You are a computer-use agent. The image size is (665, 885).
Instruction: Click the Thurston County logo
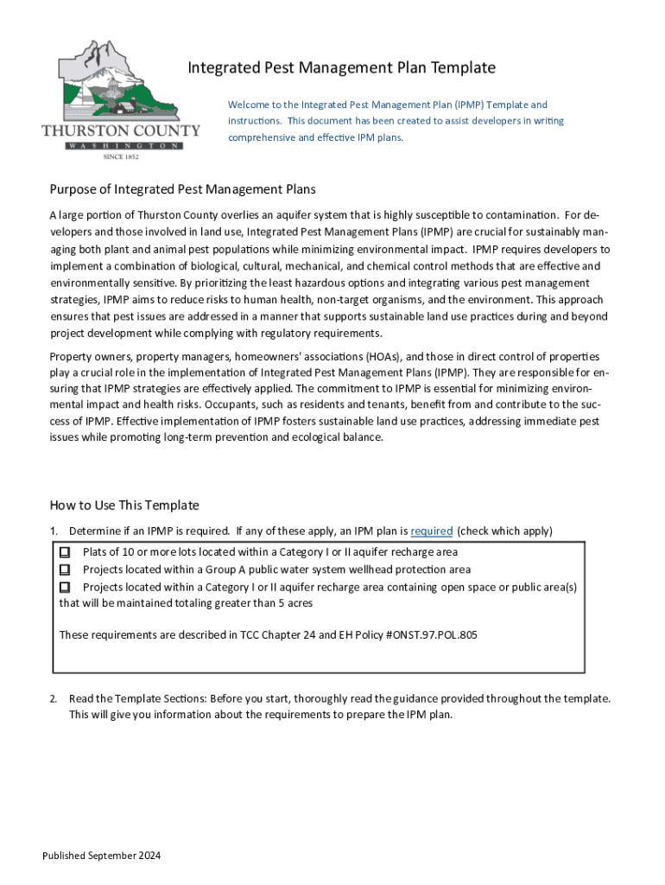pos(121,95)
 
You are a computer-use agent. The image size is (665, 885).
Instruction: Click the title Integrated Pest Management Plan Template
pos(342,67)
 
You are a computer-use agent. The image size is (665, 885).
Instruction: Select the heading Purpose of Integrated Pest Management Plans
pos(183,189)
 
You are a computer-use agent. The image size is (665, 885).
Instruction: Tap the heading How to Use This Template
pos(124,506)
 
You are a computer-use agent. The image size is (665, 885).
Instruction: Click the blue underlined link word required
pos(432,531)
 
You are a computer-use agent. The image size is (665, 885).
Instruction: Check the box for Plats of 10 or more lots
pos(65,551)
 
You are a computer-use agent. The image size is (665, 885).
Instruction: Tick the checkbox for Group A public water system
pos(65,570)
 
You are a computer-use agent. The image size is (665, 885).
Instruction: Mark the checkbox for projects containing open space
pos(65,587)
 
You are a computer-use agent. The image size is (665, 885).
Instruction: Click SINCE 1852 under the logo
pos(121,157)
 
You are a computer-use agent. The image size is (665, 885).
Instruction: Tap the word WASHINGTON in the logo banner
pos(122,146)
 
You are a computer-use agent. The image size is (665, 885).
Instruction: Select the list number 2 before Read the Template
pos(53,698)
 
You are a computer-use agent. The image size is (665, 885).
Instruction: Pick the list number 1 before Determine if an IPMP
pos(53,531)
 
